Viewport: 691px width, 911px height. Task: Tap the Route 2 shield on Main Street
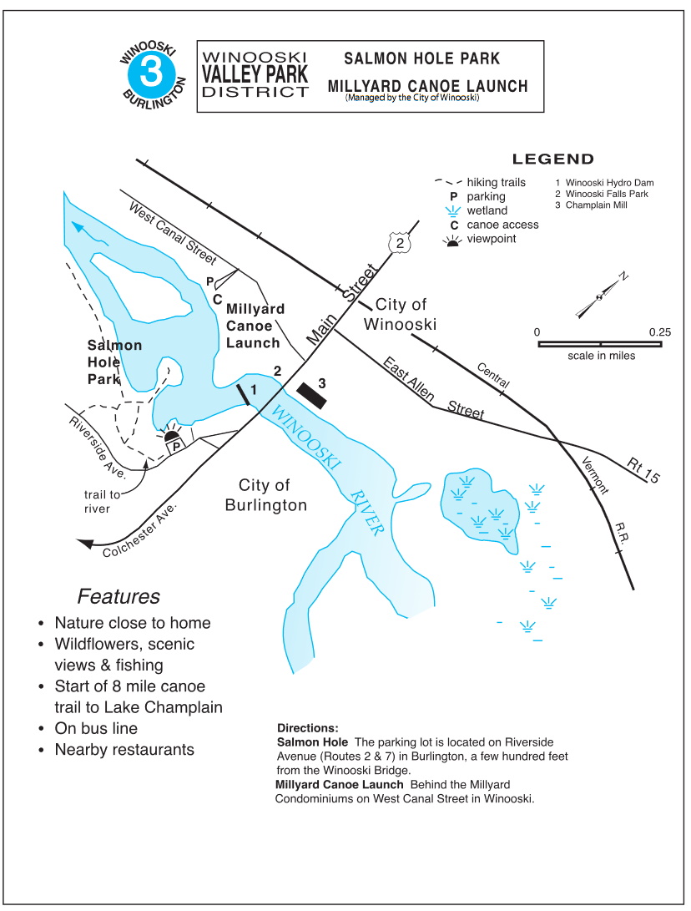pyautogui.click(x=400, y=242)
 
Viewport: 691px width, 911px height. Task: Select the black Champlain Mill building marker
pyautogui.click(x=312, y=397)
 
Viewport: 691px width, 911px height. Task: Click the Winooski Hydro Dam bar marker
pyautogui.click(x=244, y=394)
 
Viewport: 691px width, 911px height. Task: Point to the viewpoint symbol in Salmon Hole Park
pyautogui.click(x=172, y=433)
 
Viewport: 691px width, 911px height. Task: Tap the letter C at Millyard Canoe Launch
pyautogui.click(x=218, y=300)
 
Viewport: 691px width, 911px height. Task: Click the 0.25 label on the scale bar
pyautogui.click(x=659, y=332)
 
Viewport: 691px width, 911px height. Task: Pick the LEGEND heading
pyautogui.click(x=552, y=159)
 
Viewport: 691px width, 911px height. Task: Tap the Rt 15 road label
pyautogui.click(x=643, y=471)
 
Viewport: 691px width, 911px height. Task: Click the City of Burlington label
pyautogui.click(x=266, y=495)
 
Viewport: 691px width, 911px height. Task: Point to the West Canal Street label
pyautogui.click(x=173, y=233)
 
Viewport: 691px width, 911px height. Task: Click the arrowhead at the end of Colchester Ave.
pyautogui.click(x=85, y=544)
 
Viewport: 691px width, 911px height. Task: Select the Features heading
pyautogui.click(x=119, y=596)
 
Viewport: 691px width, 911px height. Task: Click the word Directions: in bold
pyautogui.click(x=308, y=728)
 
